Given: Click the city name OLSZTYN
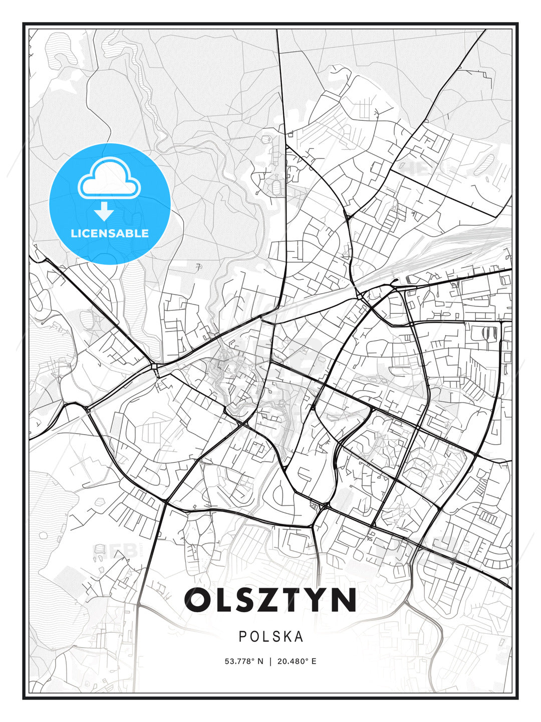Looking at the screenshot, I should [270, 600].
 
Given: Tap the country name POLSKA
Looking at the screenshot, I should [271, 637].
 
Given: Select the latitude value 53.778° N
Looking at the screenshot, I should [244, 661].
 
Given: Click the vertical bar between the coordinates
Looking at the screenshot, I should [270, 661].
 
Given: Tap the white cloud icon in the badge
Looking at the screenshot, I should [109, 178].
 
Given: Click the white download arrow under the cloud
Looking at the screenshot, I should [104, 212].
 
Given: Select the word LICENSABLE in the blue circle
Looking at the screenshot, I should [110, 233].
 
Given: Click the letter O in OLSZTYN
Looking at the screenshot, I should [199, 600].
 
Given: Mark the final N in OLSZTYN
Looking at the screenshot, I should [345, 600].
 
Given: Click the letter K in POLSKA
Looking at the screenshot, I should [286, 637].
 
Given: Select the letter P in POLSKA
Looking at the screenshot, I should [242, 637].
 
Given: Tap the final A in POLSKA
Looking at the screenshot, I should [299, 637].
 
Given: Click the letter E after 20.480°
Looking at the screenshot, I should [314, 661].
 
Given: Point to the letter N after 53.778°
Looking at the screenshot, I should [260, 661].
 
